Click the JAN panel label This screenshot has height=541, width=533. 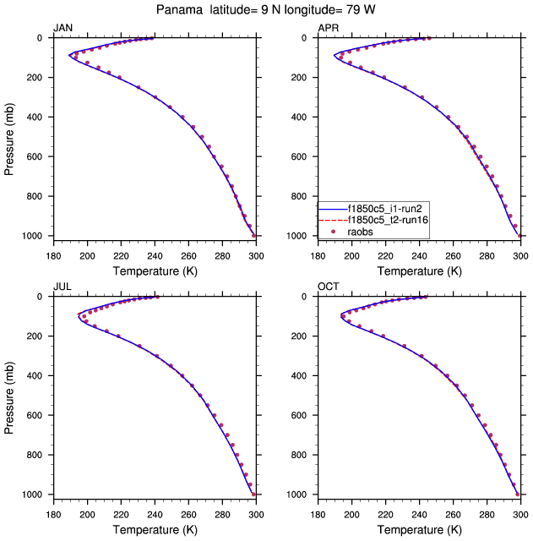pyautogui.click(x=63, y=28)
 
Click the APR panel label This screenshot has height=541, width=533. pyautogui.click(x=328, y=28)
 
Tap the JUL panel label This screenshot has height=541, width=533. pyautogui.click(x=62, y=287)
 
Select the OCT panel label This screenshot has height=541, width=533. pyautogui.click(x=328, y=287)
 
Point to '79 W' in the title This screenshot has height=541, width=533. pyautogui.click(x=363, y=9)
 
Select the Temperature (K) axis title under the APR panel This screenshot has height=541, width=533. pyautogui.click(x=419, y=271)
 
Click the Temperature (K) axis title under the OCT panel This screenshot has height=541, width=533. pyautogui.click(x=419, y=530)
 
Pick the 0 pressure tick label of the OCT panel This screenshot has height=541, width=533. pyautogui.click(x=308, y=297)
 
